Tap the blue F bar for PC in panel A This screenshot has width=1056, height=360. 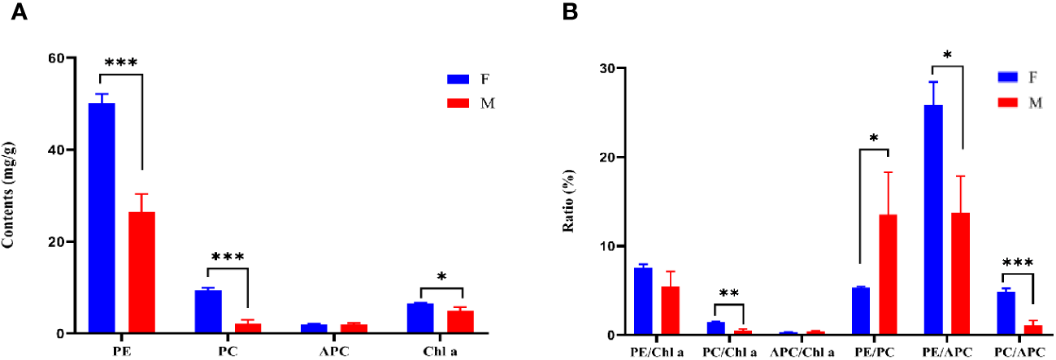tap(208, 311)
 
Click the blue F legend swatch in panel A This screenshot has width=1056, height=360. tap(456, 79)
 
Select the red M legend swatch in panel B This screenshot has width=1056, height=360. tap(1009, 101)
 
